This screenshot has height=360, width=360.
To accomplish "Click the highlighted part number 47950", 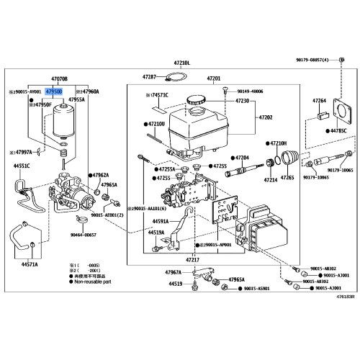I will click(54, 92).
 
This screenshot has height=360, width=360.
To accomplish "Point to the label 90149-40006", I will click(249, 92).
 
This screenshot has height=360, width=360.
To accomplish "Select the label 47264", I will click(319, 100).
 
